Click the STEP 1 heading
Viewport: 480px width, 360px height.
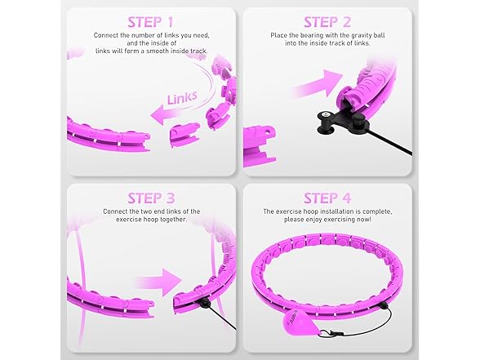150,22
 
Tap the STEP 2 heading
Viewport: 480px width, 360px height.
327,22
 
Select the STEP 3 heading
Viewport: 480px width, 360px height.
151,198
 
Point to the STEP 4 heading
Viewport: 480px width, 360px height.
327,198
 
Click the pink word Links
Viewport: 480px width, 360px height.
182,98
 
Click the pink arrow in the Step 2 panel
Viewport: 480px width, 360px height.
317,83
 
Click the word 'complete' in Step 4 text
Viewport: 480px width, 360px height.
377,211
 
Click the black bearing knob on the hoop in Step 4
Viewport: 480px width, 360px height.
384,306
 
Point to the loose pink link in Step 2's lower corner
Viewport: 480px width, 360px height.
260,146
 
